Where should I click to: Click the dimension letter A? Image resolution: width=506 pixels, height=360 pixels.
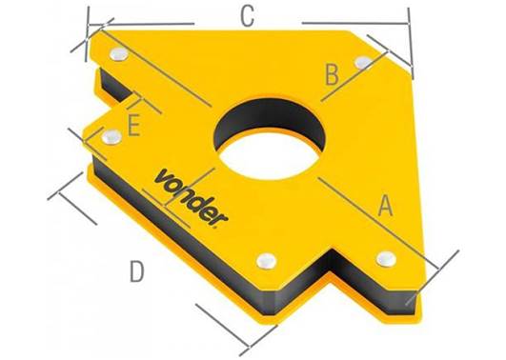pos(385,206)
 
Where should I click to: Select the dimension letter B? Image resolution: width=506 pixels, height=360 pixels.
pos(332,74)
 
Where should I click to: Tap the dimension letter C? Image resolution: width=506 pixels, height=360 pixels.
pos(248,16)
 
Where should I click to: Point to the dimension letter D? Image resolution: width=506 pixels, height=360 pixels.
pos(136,271)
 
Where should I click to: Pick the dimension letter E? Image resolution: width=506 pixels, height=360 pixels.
pos(133,126)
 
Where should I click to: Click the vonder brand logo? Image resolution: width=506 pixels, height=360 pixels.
pos(192,197)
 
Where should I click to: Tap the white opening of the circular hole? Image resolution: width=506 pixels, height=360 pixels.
pos(269,157)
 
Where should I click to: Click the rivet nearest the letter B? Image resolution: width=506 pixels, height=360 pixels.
pos(363,62)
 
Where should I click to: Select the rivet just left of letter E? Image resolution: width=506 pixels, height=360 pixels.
pos(111,136)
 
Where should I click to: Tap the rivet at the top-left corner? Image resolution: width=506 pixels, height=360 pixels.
pos(119,54)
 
